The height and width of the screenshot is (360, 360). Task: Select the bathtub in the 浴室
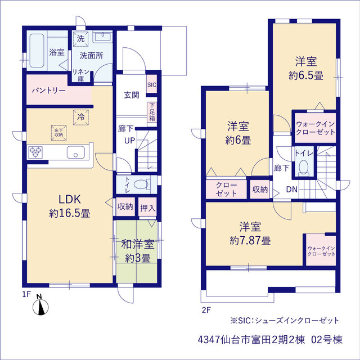tap(37, 51)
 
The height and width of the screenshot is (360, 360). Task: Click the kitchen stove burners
tap(35, 152)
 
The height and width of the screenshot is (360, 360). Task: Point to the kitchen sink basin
tap(76, 152)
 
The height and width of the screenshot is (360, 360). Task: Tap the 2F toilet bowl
tap(304, 166)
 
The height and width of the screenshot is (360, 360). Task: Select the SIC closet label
tap(152, 85)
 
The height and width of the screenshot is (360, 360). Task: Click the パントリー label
tap(49, 91)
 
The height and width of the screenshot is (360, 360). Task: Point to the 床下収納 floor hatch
tap(58, 133)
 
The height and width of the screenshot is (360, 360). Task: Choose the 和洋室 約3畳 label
tap(137, 251)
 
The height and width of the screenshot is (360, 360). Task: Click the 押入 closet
tap(147, 207)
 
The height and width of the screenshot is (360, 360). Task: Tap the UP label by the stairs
tap(130, 140)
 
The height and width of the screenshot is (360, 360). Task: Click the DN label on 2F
tap(292, 190)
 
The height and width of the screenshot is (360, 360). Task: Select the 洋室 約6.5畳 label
tap(306, 68)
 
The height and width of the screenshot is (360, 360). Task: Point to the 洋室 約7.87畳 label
tap(250, 233)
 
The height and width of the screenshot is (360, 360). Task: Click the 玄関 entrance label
tap(132, 95)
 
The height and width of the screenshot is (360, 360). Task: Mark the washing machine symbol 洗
tap(80, 38)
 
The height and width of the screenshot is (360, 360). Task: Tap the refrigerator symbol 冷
tap(81, 118)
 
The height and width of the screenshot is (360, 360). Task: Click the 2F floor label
tap(206, 310)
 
